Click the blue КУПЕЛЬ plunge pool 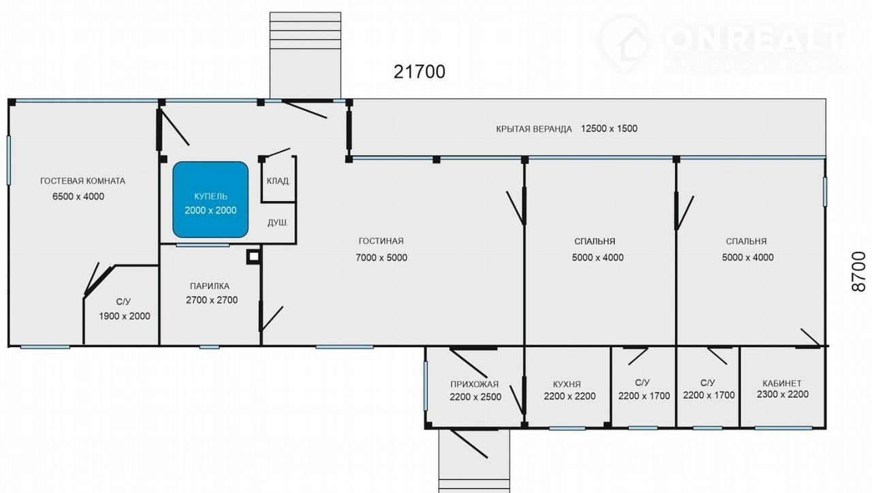pyautogui.click(x=211, y=200)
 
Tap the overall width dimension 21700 pyautogui.click(x=419, y=72)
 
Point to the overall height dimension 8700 pyautogui.click(x=859, y=271)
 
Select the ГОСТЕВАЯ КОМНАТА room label pyautogui.click(x=83, y=181)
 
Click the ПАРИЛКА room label pyautogui.click(x=210, y=286)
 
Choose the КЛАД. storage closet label pyautogui.click(x=279, y=181)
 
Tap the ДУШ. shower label pyautogui.click(x=278, y=223)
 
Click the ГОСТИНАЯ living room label pyautogui.click(x=381, y=241)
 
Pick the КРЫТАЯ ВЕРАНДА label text pyautogui.click(x=533, y=129)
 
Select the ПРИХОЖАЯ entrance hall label pyautogui.click(x=475, y=385)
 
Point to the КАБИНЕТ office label pyautogui.click(x=782, y=383)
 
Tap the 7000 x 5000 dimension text pyautogui.click(x=381, y=258)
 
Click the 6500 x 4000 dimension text pyautogui.click(x=78, y=196)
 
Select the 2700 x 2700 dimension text pyautogui.click(x=212, y=300)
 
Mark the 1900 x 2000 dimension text pyautogui.click(x=125, y=316)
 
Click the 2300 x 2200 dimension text pyautogui.click(x=783, y=394)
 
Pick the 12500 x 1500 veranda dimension pyautogui.click(x=609, y=129)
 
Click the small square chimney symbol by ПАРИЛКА pyautogui.click(x=253, y=257)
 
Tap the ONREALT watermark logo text pyautogui.click(x=756, y=40)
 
